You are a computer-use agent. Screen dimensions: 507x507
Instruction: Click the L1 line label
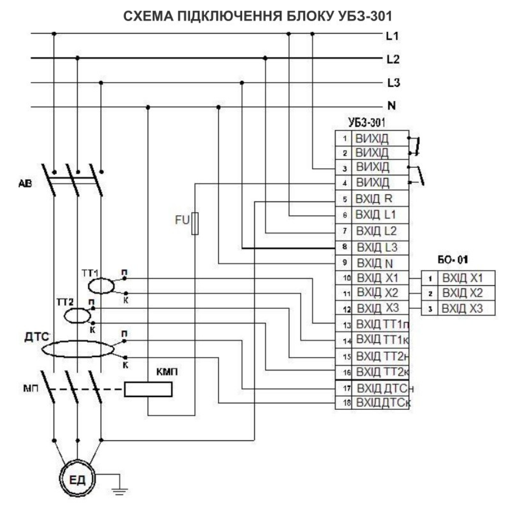[393, 36]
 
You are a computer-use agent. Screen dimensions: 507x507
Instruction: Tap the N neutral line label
[392, 106]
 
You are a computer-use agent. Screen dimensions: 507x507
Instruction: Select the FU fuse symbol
[195, 223]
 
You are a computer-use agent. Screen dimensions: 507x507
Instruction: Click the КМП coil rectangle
[148, 389]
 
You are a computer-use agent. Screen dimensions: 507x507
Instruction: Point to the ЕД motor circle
[77, 480]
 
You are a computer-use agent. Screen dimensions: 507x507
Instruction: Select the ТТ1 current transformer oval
[101, 286]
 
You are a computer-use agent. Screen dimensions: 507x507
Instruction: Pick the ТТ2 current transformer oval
[77, 315]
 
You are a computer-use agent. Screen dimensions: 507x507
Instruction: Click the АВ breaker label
[25, 183]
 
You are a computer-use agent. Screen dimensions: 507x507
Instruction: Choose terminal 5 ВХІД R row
[372, 199]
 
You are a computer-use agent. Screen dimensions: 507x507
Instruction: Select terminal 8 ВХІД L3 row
[372, 247]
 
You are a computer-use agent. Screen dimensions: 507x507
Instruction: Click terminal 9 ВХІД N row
[372, 263]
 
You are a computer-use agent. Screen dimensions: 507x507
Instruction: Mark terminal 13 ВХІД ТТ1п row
[372, 324]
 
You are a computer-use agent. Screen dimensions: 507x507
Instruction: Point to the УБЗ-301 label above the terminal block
[366, 123]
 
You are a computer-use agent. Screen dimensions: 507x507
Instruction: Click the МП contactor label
[30, 388]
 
